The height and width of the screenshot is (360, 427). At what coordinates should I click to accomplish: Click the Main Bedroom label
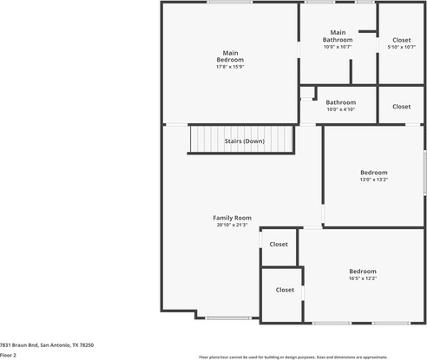click(x=230, y=56)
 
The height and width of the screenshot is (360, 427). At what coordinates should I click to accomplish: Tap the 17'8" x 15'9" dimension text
click(x=230, y=67)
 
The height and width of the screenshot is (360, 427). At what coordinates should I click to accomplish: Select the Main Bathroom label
click(x=338, y=36)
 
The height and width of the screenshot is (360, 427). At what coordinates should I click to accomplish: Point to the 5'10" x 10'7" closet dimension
click(x=402, y=47)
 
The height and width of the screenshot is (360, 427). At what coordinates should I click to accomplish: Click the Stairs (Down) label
click(x=245, y=141)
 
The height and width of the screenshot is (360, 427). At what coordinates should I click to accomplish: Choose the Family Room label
click(x=232, y=218)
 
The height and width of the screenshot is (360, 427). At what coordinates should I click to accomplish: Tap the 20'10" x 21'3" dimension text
click(x=232, y=225)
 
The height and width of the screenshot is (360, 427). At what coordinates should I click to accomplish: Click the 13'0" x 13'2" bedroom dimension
click(x=374, y=180)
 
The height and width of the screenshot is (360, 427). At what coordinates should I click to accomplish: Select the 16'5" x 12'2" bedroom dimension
click(x=363, y=278)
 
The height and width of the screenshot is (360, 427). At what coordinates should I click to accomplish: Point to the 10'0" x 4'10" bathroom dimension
click(x=341, y=109)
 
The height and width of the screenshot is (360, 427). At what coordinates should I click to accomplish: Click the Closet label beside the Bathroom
click(x=402, y=107)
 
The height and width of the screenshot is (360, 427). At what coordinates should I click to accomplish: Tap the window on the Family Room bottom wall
click(x=228, y=318)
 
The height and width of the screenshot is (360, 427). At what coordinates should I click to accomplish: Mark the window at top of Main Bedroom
click(x=230, y=2)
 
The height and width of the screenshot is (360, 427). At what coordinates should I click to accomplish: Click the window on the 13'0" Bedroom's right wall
click(x=425, y=173)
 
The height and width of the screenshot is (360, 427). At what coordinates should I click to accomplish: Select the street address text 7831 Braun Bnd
click(x=19, y=345)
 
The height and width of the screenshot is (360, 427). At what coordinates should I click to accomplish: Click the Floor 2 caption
click(x=8, y=356)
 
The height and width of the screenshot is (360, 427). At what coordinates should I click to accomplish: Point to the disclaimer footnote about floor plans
click(x=293, y=357)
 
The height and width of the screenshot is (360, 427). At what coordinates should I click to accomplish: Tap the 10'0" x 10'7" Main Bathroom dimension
click(x=338, y=47)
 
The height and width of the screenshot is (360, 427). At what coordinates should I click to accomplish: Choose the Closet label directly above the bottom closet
click(x=279, y=245)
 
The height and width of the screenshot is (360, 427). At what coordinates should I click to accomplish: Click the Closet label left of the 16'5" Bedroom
click(x=285, y=290)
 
